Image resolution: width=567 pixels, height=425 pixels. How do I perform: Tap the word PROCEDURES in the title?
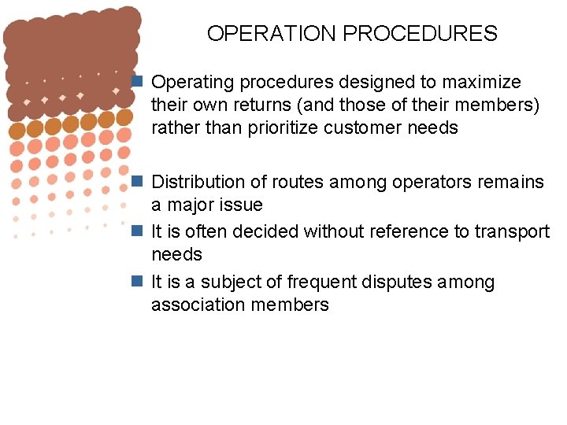[x=421, y=34]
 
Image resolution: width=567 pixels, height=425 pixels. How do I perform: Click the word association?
[x=198, y=305]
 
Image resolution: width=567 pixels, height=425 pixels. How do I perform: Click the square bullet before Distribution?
[x=137, y=182]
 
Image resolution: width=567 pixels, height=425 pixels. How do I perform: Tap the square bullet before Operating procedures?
[x=137, y=82]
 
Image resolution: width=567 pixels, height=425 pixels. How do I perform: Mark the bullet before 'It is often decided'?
[x=137, y=231]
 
